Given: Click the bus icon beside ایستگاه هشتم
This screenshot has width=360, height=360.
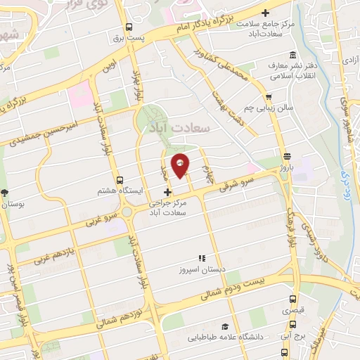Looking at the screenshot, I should click(120, 180).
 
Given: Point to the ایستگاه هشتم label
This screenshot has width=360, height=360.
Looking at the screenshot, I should click(143, 191).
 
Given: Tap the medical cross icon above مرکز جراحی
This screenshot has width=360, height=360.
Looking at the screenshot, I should click(167, 192).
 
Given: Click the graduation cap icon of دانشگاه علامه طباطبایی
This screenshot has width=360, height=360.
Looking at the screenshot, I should click(224, 327).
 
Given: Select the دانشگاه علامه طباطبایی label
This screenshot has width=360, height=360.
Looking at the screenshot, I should click(223, 337).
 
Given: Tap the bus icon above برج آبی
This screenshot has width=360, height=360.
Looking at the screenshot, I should click(293, 324).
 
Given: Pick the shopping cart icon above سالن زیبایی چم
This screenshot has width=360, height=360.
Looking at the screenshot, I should click(268, 97).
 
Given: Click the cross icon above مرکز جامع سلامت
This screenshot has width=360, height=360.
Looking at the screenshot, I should click(265, 12).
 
